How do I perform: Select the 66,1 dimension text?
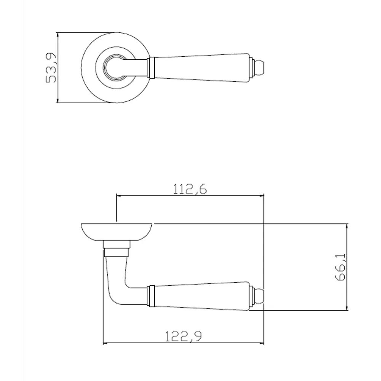click(x=340, y=267)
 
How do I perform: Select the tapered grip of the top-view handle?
click(x=202, y=68)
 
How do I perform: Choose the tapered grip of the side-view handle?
click(x=202, y=296)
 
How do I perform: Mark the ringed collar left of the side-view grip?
click(x=150, y=296)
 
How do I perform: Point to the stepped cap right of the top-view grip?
click(x=252, y=68)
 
